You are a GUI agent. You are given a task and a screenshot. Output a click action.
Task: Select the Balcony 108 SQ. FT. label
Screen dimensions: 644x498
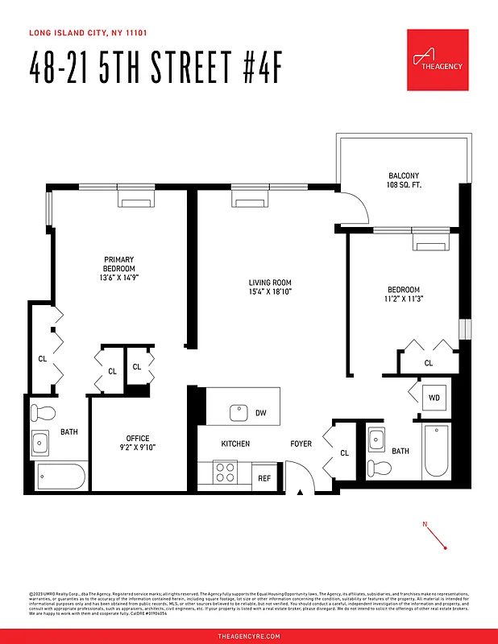click(x=404, y=180)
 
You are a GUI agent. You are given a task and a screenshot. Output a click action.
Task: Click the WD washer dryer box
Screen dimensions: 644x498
click(x=434, y=398)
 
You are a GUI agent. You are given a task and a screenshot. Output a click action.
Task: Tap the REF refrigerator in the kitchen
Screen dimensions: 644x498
click(x=264, y=477)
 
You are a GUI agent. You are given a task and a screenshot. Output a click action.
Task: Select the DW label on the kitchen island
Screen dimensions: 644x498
click(x=260, y=414)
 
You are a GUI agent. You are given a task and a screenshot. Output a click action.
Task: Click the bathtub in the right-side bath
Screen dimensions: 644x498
click(x=438, y=451)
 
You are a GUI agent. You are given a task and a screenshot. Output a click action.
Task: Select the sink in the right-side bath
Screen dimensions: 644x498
click(x=376, y=440)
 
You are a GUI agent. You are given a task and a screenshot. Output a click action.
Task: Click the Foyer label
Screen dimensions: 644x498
click(x=301, y=444)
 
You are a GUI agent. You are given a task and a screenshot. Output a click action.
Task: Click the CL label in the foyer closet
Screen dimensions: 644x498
click(x=344, y=453)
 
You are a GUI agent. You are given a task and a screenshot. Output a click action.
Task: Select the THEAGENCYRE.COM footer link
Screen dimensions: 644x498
click(x=249, y=636)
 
